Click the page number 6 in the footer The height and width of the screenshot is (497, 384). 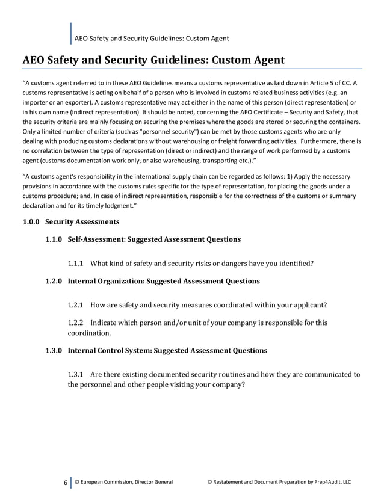[65, 482]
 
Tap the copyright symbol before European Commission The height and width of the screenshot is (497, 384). [77, 482]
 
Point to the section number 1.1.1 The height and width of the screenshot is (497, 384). [76, 262]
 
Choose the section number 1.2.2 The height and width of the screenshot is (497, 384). [76, 323]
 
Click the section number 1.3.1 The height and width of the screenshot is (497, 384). [76, 374]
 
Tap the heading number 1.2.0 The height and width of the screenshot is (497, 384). [55, 281]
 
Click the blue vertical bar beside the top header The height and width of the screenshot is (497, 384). [71, 34]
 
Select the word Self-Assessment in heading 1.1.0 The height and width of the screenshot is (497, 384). [98, 239]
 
